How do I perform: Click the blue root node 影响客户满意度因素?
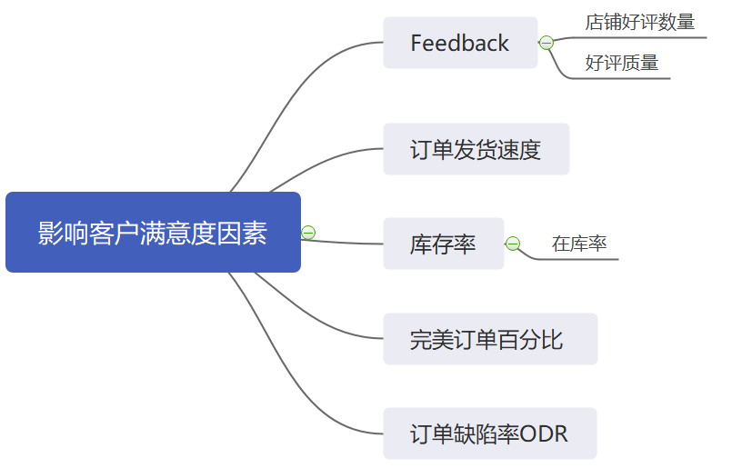153,233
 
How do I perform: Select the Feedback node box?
460,43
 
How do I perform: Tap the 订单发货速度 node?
476,149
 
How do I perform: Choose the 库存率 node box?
443,244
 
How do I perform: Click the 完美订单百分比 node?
489,339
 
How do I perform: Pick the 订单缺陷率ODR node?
489,433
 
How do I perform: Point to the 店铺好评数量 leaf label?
639,23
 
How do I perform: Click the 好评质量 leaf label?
621,63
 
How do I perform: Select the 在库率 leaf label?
579,244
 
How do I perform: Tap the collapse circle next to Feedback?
546,43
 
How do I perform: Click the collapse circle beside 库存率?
513,244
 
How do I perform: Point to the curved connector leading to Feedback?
300,85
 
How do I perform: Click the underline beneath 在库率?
582,259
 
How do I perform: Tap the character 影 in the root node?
50,233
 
